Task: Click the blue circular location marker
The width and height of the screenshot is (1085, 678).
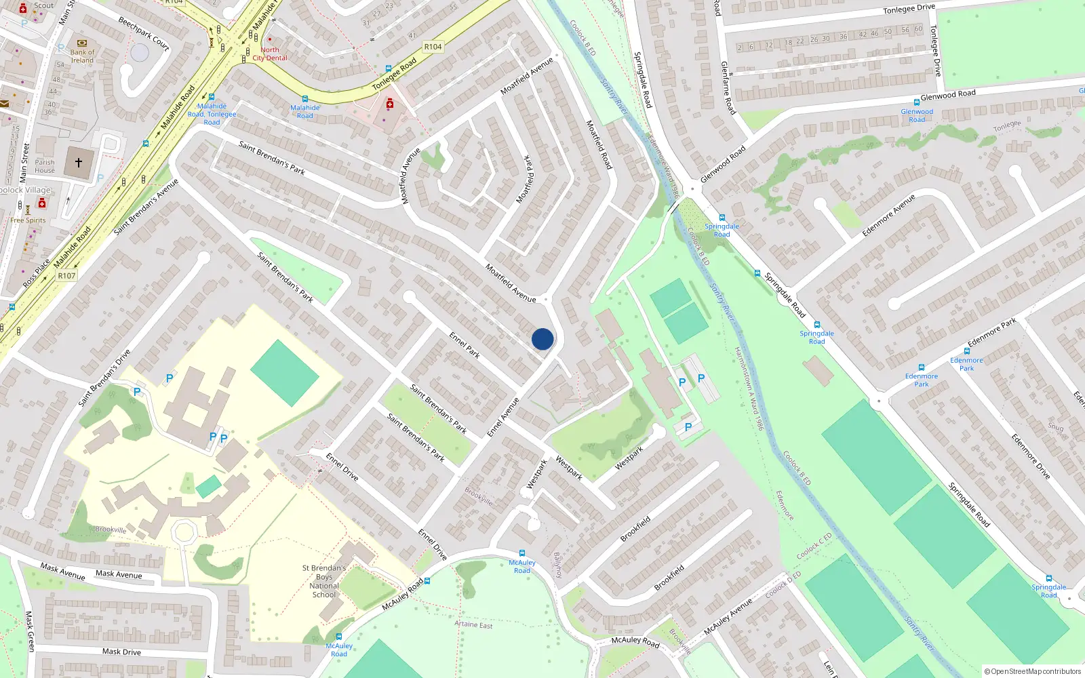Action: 542,339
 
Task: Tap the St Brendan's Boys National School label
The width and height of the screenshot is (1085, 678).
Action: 324,581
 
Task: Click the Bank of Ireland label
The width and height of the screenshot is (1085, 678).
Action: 82,56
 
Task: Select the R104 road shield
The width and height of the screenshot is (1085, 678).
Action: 433,47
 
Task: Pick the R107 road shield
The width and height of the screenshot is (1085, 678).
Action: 66,275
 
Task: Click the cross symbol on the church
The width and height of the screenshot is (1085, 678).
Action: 79,163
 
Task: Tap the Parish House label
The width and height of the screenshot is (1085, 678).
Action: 45,166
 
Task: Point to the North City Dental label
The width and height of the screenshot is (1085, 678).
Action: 270,54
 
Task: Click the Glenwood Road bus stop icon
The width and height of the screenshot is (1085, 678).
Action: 917,103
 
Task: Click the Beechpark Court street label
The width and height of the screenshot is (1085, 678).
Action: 144,33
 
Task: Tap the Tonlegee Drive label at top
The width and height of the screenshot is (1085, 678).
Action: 909,9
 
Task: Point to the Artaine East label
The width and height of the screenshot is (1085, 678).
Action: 473,624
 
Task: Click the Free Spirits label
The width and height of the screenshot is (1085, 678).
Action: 28,220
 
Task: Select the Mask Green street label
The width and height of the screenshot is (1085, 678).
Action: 30,631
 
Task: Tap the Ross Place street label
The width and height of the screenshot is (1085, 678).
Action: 36,273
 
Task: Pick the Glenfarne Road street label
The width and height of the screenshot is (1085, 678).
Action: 728,87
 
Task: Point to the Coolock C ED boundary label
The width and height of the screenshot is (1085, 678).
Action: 814,546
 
